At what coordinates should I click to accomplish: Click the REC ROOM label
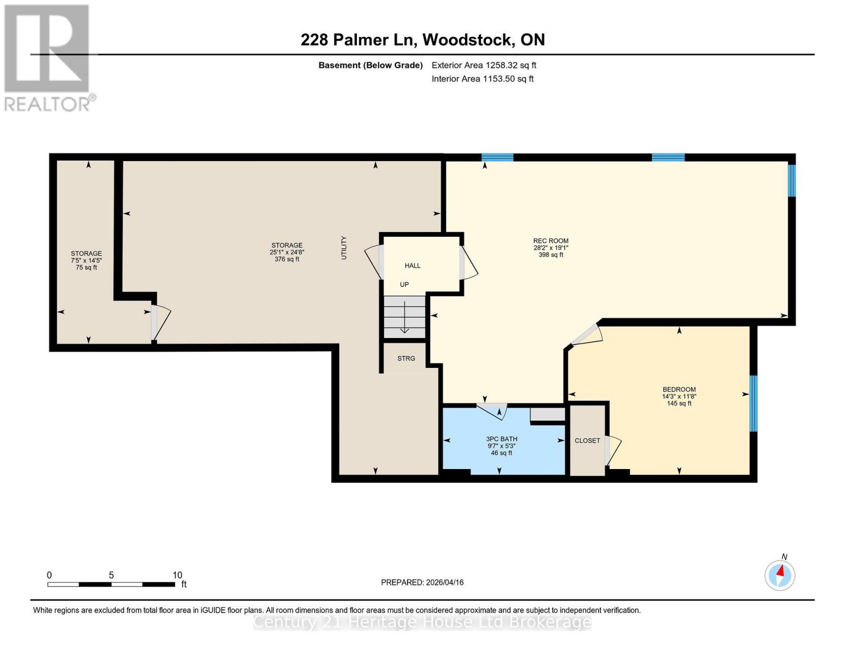pos(551,241)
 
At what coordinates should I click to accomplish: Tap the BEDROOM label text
pos(679,389)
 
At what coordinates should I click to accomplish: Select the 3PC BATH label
pos(502,439)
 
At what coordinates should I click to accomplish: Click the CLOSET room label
pos(587,441)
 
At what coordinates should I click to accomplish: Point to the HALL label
pos(412,266)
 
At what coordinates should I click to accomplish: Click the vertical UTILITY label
pos(343,248)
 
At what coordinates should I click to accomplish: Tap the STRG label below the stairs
pos(406,358)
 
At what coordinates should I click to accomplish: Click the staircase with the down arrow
pos(404,317)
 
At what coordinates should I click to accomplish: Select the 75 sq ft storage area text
pos(87,267)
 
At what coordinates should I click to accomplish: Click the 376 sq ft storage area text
pos(287,260)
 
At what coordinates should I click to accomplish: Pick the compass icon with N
pos(780,575)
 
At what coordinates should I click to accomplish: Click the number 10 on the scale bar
pos(177,575)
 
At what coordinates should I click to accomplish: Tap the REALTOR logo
pos(48,57)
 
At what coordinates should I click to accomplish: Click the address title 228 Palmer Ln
pos(423,40)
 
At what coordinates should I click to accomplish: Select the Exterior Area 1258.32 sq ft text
pos(484,65)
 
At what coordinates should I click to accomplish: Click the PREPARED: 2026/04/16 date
pos(422,582)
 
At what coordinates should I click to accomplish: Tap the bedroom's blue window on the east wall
pos(754,403)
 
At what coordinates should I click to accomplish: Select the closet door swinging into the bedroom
pos(613,449)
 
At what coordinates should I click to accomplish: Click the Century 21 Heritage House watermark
pos(422,622)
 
